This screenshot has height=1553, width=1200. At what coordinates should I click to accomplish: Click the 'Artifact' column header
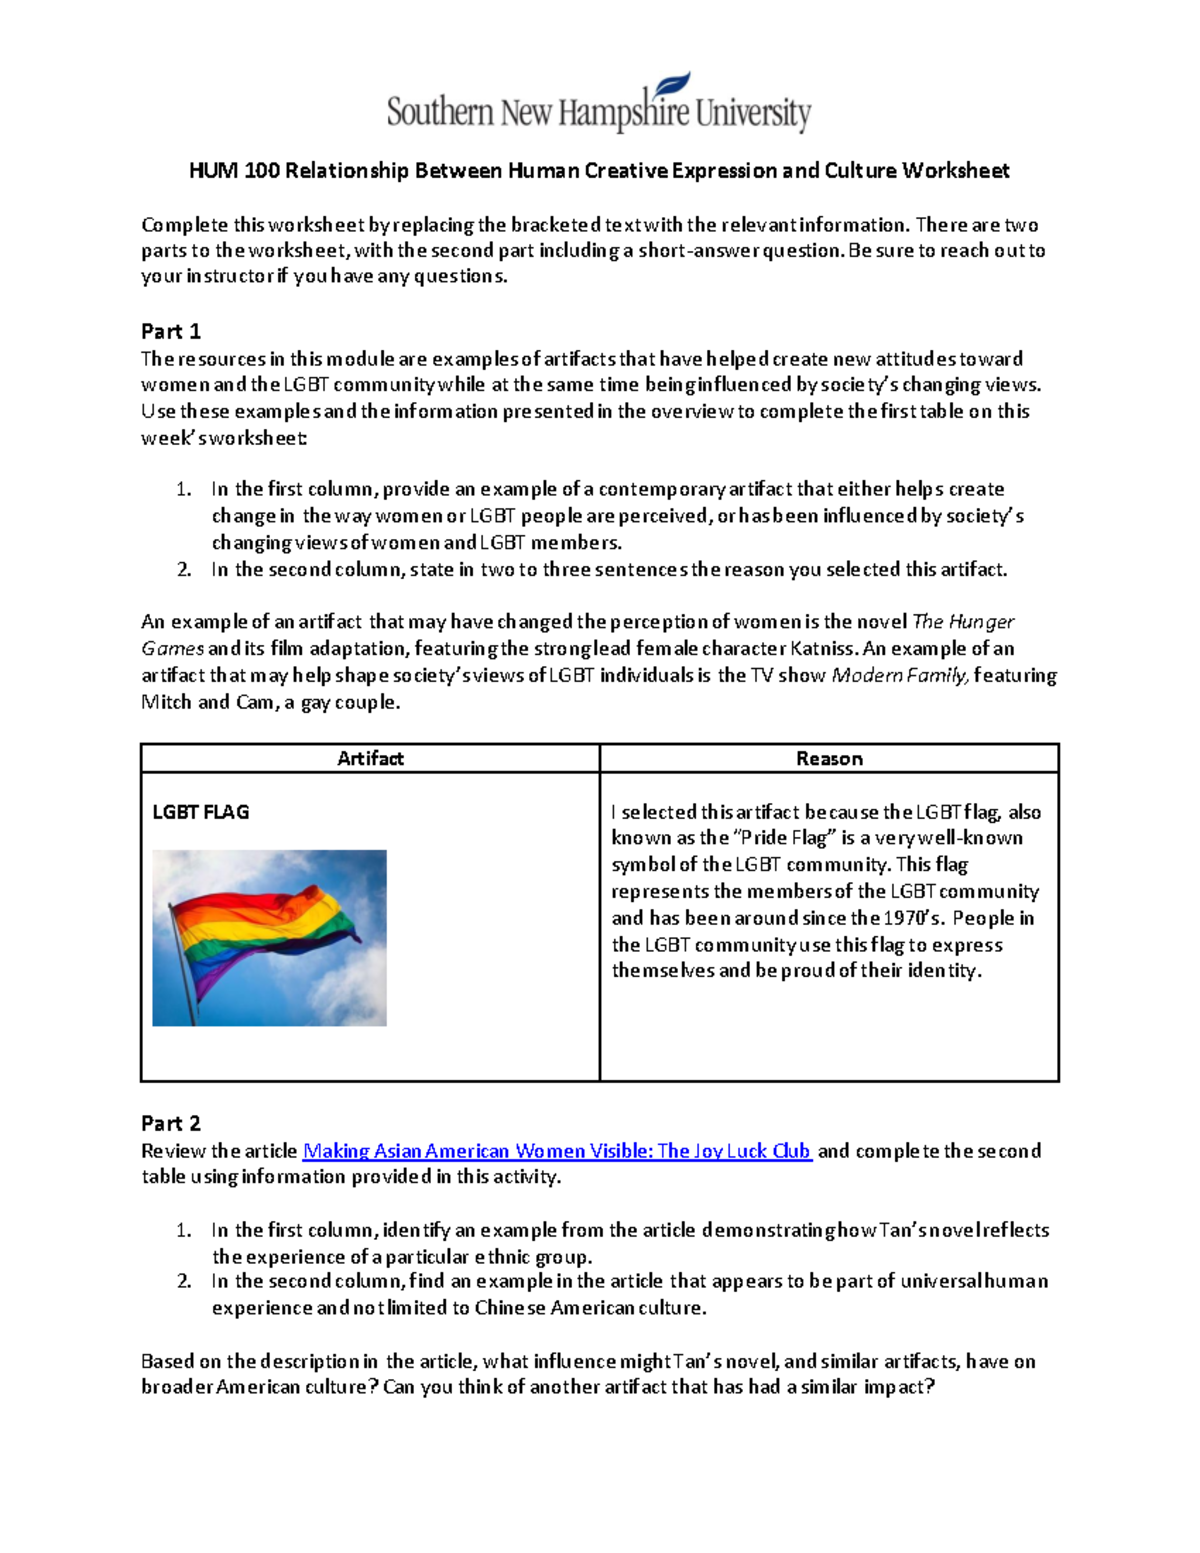pyautogui.click(x=370, y=758)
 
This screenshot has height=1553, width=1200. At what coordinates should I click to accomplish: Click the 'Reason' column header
pyautogui.click(x=829, y=758)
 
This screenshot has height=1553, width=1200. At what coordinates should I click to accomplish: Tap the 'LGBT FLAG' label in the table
pyautogui.click(x=200, y=812)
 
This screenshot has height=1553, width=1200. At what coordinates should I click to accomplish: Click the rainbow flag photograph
pyautogui.click(x=269, y=937)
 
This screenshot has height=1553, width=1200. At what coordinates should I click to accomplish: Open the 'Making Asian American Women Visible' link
pyautogui.click(x=557, y=1151)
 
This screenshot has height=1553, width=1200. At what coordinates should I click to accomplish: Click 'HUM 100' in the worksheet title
pyautogui.click(x=234, y=171)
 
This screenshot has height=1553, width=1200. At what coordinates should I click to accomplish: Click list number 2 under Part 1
pyautogui.click(x=184, y=569)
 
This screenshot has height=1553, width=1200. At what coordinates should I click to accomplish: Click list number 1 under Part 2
pyautogui.click(x=184, y=1230)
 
